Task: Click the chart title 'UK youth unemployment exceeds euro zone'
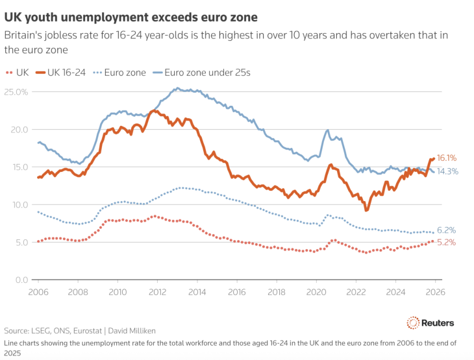[x=130, y=16]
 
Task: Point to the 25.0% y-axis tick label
[x=17, y=92]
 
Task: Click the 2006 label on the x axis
[x=38, y=291]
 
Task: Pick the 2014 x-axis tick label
[x=197, y=291]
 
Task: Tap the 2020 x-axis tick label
[x=318, y=291]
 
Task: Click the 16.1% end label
[x=447, y=158]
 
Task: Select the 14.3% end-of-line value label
[x=447, y=172]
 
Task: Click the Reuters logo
[x=430, y=322]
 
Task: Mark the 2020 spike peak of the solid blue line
[x=327, y=130]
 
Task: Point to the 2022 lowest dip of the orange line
[x=366, y=210]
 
